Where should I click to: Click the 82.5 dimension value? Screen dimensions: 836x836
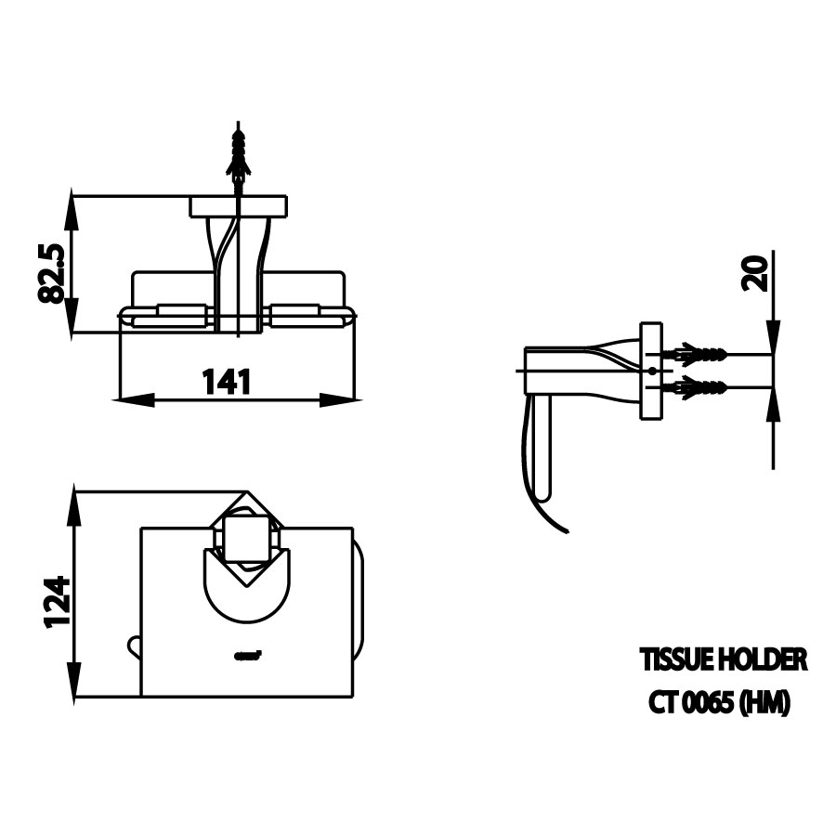point(51,272)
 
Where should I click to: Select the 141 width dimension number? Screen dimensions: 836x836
point(227,381)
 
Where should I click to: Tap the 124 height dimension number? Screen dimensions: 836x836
point(56,601)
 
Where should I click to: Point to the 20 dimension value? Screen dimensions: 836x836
point(757,274)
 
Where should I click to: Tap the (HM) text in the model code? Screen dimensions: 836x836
point(764,704)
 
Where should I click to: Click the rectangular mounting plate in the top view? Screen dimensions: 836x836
point(239,206)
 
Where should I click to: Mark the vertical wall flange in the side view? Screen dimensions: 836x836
point(651,371)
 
